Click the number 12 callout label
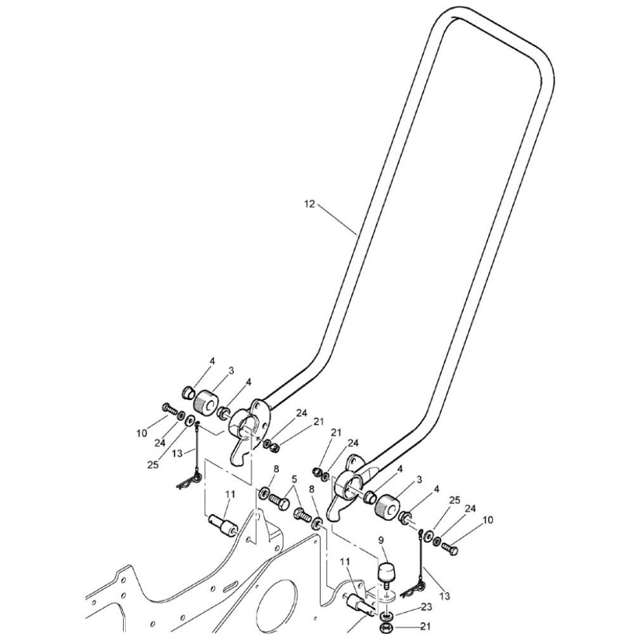309,204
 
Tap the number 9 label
381,540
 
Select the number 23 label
426,607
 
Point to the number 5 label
294,479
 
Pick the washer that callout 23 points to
387,616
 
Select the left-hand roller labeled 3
205,401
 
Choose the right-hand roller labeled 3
387,505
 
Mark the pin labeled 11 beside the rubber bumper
360,605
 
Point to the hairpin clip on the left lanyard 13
188,481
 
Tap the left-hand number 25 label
153,465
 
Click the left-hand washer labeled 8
264,493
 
